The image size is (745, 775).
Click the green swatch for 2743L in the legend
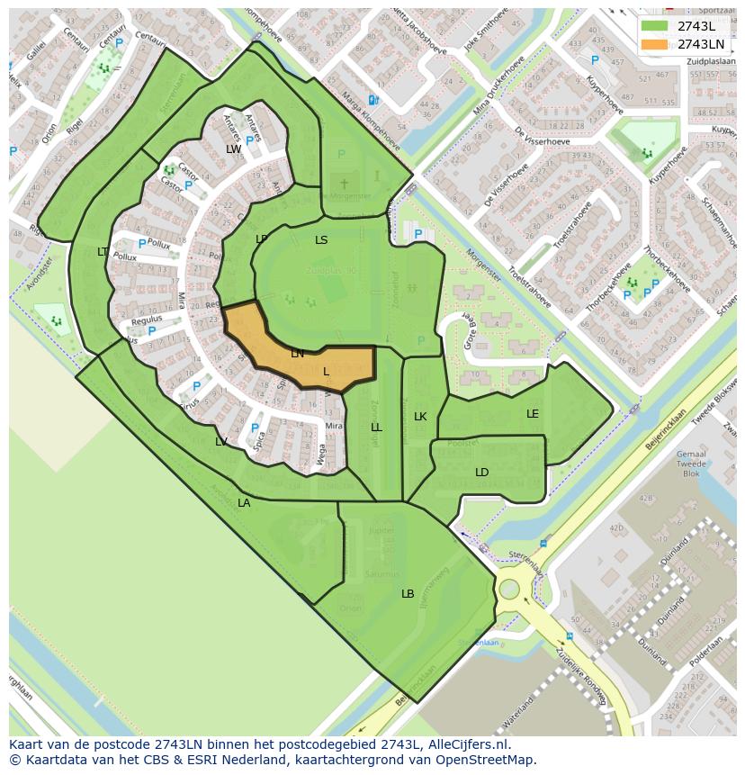click(x=655, y=26)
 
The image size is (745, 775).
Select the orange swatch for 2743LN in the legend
click(x=655, y=44)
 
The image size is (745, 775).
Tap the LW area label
click(x=233, y=149)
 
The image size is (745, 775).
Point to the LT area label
click(x=103, y=252)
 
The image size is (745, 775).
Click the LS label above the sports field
click(x=321, y=240)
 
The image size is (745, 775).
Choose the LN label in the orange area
click(x=297, y=354)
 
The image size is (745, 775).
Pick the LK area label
click(x=420, y=417)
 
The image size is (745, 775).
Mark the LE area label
click(x=533, y=414)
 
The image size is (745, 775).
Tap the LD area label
click(x=482, y=473)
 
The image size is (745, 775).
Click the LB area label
click(x=408, y=594)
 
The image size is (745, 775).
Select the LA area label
click(x=244, y=503)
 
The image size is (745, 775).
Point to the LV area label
click(x=221, y=442)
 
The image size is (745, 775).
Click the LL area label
click(x=376, y=428)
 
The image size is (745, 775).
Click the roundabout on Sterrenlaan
click(x=509, y=590)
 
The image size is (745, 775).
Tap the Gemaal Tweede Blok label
click(x=691, y=464)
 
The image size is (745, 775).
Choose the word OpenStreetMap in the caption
click(x=488, y=760)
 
